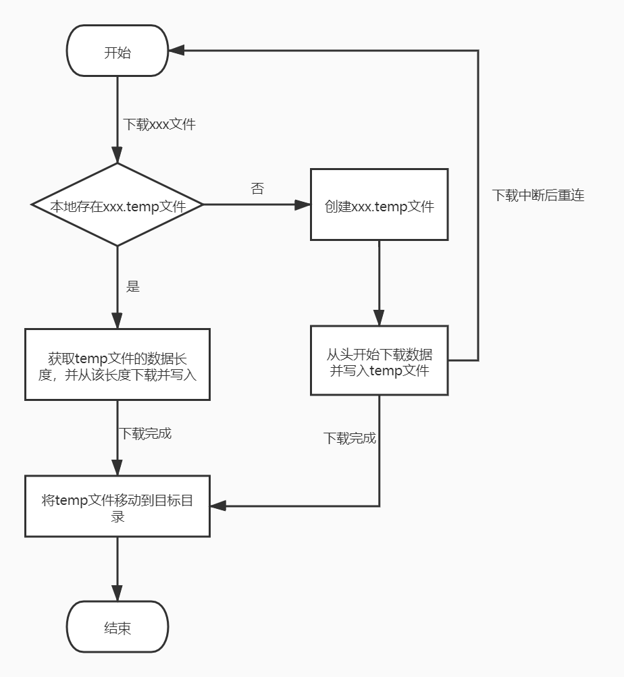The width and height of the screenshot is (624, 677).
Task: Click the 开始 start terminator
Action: click(117, 51)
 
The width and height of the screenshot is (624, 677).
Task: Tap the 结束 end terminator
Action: click(117, 627)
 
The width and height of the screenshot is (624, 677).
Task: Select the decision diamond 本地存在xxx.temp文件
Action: click(117, 205)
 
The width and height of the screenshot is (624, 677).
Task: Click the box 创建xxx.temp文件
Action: click(379, 205)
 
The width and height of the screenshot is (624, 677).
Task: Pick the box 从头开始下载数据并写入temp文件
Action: click(379, 360)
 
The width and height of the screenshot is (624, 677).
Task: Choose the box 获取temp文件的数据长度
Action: click(117, 365)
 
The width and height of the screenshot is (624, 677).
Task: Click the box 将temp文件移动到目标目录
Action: click(117, 506)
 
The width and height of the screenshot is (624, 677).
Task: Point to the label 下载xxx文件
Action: click(159, 124)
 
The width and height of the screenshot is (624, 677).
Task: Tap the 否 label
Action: click(257, 188)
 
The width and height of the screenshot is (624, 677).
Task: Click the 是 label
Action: click(132, 286)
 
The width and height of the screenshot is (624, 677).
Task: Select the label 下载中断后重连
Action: click(538, 195)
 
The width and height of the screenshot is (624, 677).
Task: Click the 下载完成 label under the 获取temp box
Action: click(145, 433)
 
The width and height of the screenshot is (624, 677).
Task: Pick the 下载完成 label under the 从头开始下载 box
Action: click(350, 438)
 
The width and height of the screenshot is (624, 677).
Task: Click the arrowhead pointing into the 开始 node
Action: click(176, 51)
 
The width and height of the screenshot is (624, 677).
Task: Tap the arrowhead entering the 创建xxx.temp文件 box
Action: click(302, 205)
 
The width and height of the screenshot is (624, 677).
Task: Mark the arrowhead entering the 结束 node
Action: click(117, 593)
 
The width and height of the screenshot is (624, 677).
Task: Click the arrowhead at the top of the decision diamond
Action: click(117, 155)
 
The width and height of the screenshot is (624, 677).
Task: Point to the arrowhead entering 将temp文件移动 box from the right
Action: click(219, 506)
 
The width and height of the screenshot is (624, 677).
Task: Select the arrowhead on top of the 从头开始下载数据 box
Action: click(379, 317)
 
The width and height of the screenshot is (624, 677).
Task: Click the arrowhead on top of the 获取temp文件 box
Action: click(117, 321)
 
